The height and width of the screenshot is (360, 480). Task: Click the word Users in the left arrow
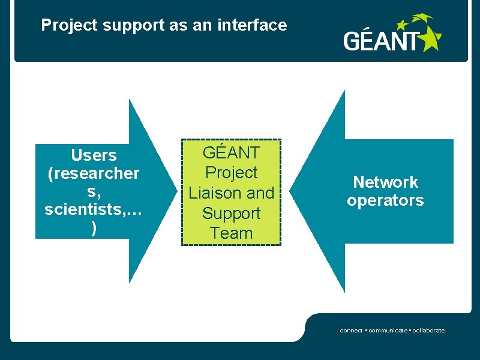pos(94,155)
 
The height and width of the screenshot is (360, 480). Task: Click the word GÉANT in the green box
pos(232,152)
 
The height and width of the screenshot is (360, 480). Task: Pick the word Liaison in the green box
pos(215,193)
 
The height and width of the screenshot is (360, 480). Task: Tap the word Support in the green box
pos(232,214)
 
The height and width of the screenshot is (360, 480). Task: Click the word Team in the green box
pos(232,233)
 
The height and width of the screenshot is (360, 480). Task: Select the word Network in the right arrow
pos(385,182)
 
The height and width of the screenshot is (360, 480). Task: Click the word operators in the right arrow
pos(385,200)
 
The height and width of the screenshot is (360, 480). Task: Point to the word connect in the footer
pos(351,331)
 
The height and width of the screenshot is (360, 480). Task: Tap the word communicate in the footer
pos(387,331)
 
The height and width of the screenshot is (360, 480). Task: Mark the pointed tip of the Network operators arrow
pos(292,191)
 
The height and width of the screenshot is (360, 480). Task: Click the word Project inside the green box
pos(232,173)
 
